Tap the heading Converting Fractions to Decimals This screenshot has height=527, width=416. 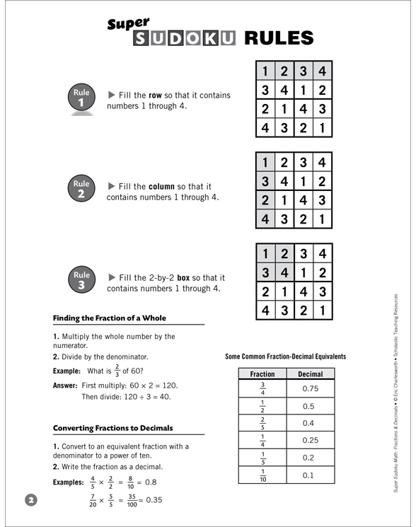[112, 428]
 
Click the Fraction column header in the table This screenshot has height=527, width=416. [262, 373]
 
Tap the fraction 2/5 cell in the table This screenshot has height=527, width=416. [262, 423]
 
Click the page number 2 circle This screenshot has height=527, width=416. [30, 499]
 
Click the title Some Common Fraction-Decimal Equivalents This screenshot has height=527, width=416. [285, 357]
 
